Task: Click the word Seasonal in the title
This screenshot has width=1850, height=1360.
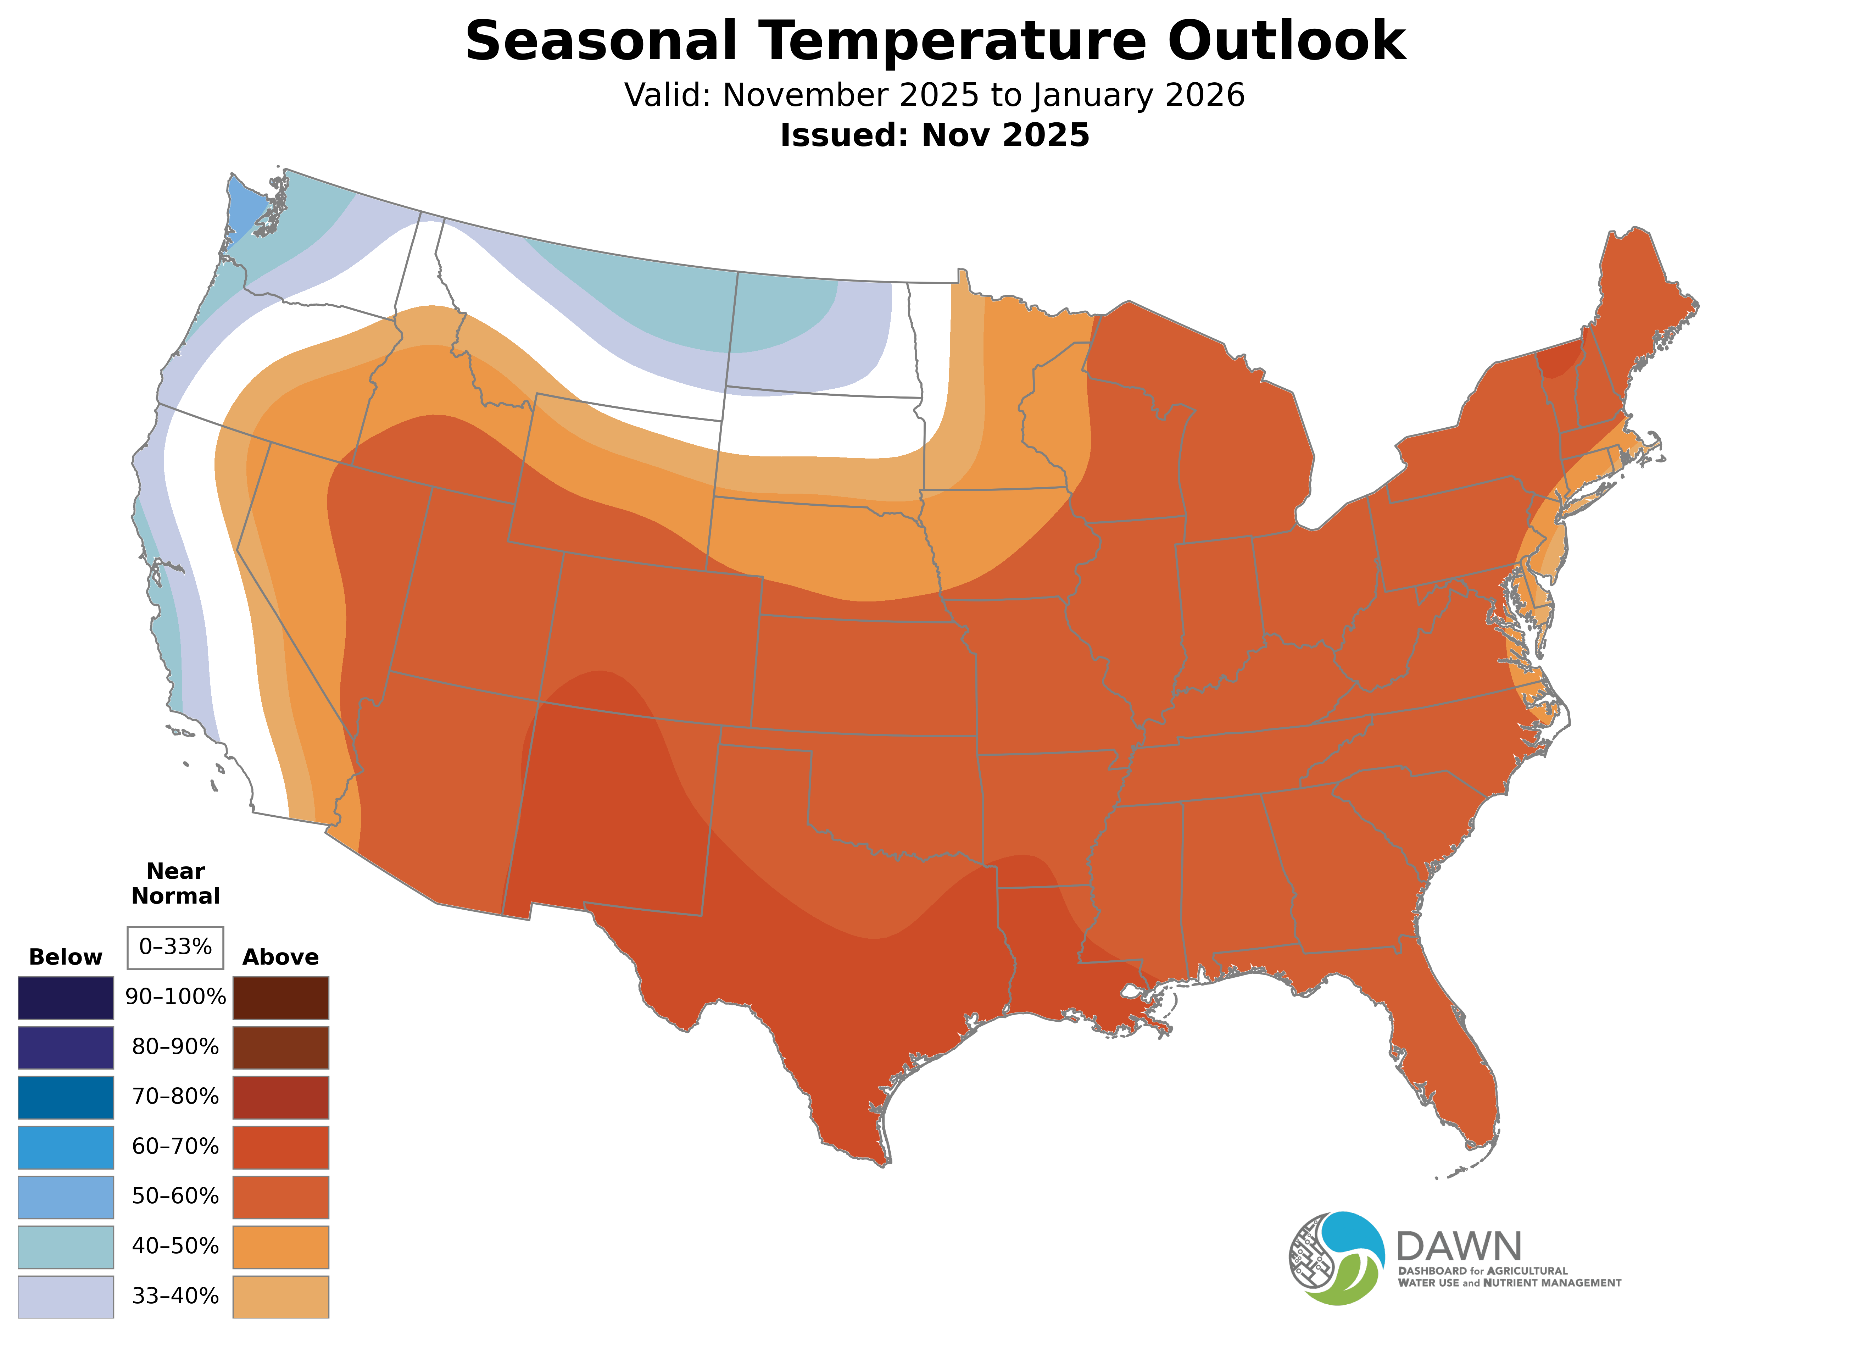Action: tap(601, 41)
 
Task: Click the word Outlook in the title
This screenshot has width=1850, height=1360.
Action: tap(1286, 41)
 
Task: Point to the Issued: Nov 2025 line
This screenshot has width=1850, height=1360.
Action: tap(934, 135)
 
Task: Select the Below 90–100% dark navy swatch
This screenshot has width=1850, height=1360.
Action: tap(66, 998)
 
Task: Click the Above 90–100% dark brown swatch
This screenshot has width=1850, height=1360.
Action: tap(281, 998)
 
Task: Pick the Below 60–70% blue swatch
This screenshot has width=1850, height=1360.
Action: tap(66, 1147)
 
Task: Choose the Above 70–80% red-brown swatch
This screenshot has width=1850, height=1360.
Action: tap(281, 1097)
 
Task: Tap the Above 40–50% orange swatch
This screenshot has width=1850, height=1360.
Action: tap(281, 1247)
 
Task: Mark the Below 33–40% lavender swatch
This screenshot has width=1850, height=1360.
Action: tap(66, 1296)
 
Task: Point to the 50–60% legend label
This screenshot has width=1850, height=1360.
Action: tap(175, 1196)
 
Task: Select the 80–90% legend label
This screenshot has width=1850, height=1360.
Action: tap(175, 1047)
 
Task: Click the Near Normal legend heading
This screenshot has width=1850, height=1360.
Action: tap(175, 883)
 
